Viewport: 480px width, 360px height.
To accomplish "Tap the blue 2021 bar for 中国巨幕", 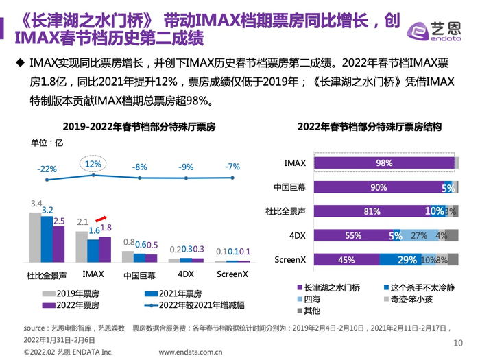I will click(x=140, y=258).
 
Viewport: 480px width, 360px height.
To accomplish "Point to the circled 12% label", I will click(x=93, y=165).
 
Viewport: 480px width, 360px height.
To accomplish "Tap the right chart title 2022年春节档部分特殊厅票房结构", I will click(x=369, y=127).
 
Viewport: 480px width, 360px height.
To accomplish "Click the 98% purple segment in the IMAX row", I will click(x=383, y=163).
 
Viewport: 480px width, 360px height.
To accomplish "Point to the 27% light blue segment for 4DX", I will click(x=418, y=236).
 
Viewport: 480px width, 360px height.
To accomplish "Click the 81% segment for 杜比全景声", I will click(x=371, y=211).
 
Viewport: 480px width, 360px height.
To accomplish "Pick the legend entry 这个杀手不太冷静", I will click(x=420, y=287).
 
